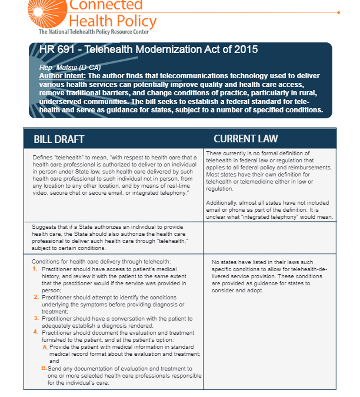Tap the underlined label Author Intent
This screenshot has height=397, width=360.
click(x=61, y=76)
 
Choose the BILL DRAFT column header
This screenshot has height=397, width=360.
click(x=59, y=139)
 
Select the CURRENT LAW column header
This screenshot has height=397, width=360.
click(x=246, y=139)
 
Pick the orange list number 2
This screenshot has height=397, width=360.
click(x=35, y=297)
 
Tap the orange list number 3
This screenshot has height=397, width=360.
click(x=35, y=318)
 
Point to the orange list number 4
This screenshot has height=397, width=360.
click(x=35, y=332)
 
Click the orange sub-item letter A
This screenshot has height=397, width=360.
click(x=45, y=347)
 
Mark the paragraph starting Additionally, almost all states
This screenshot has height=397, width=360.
click(x=270, y=209)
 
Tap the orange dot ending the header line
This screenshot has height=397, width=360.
click(x=338, y=12)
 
